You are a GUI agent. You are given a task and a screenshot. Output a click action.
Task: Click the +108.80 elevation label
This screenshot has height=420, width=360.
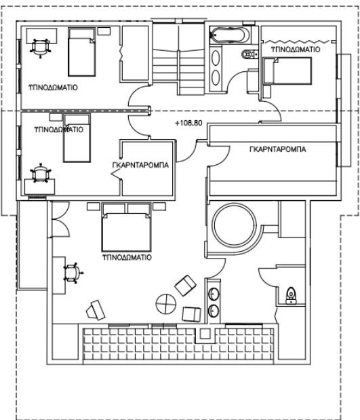click(188, 124)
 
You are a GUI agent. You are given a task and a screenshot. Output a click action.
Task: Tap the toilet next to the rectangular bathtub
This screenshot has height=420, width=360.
click(247, 54)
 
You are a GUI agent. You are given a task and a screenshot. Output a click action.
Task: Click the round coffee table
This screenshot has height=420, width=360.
click(165, 303)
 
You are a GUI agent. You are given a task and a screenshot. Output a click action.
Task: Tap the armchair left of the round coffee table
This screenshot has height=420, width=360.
click(94, 309)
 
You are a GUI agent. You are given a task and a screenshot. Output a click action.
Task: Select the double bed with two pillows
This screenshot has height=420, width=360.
click(125, 229)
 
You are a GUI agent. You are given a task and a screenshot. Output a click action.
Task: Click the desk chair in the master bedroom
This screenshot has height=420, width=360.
click(72, 273)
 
